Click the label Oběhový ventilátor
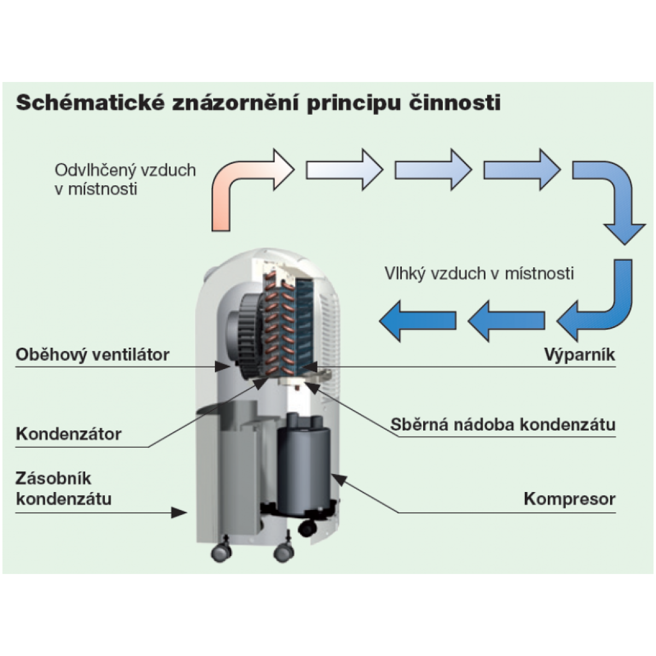92,354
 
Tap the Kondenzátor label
68,434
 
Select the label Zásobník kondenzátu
63,489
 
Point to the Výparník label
579,354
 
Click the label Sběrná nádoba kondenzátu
503,424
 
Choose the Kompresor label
569,499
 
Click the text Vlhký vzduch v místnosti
479,273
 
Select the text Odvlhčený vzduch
125,170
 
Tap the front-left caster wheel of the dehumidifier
221,552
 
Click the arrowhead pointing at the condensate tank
179,512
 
